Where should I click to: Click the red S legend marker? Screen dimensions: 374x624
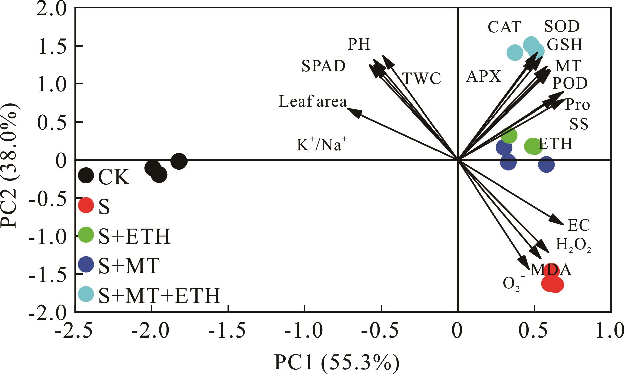pos(86,205)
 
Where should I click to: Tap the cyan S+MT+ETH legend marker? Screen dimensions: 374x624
pos(86,294)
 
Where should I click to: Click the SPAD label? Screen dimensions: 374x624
pos(324,66)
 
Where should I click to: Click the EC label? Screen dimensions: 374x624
pos(579,226)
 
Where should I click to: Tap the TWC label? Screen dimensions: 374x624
pos(422,79)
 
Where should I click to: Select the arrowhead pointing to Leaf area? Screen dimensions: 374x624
pos(353,111)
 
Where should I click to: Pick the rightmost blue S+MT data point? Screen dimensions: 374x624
pos(546,164)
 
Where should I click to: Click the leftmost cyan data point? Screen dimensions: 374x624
pos(515,52)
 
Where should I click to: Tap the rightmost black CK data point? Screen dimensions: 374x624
pos(179,161)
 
